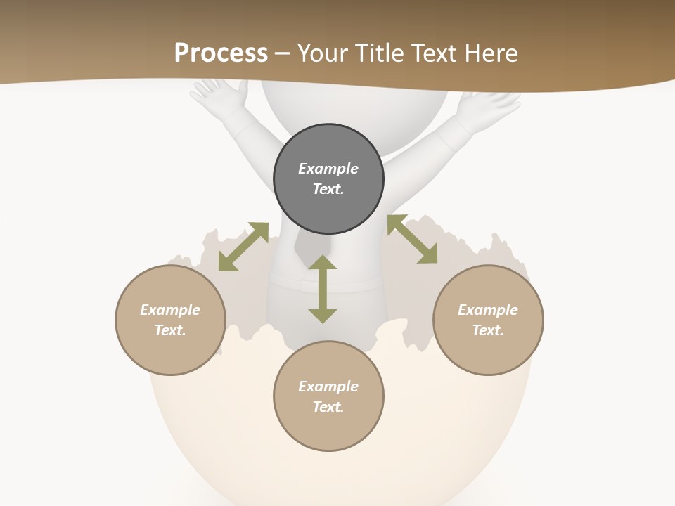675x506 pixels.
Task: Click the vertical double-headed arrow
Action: pyautogui.click(x=323, y=289)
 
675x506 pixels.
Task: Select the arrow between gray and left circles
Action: pyautogui.click(x=243, y=247)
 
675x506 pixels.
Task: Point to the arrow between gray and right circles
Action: pyautogui.click(x=412, y=239)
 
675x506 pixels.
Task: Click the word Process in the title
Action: pyautogui.click(x=221, y=53)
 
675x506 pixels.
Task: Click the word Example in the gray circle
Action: pyautogui.click(x=328, y=169)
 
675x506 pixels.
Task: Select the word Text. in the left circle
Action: pyautogui.click(x=170, y=330)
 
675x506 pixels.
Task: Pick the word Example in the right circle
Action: pyautogui.click(x=488, y=310)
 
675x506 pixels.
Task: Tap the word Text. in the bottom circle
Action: pyautogui.click(x=328, y=407)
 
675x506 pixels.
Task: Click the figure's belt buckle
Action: pyautogui.click(x=304, y=285)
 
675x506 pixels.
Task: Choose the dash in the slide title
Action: pyautogui.click(x=283, y=53)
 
